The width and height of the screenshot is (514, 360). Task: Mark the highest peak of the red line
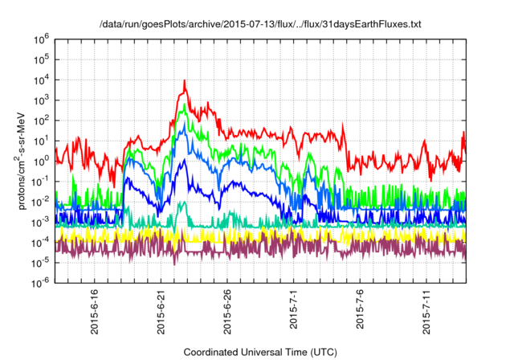[x=186, y=80]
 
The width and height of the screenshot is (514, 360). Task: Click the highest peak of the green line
[x=186, y=104]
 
